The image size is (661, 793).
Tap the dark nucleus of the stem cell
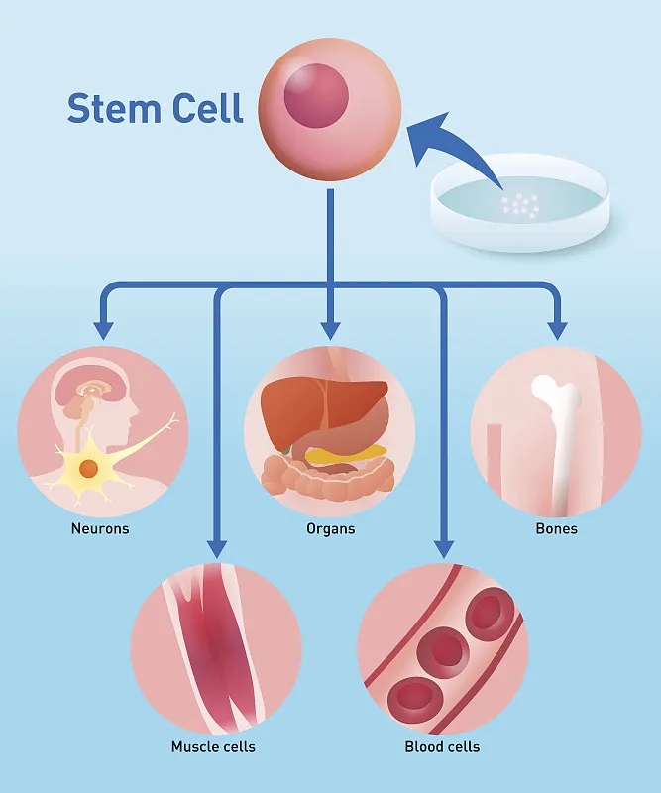pos(317,97)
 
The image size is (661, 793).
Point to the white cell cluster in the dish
pos(520,205)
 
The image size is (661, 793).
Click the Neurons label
pos(100,528)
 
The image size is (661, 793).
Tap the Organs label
pos(330,528)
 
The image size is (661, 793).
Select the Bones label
pos(556,528)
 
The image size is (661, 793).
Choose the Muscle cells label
pos(213,746)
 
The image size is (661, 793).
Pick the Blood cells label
pos(442,746)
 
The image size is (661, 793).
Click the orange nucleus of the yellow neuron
pos(89,468)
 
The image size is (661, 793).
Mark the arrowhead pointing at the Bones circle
pos(558,330)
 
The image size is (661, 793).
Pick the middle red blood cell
pos(443,650)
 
